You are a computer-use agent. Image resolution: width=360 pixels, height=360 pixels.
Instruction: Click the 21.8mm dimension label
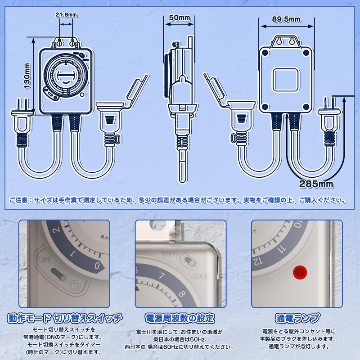(66, 15)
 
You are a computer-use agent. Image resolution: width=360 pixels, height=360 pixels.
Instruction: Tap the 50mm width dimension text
(179, 18)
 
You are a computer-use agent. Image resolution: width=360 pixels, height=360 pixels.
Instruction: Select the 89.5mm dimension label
(286, 19)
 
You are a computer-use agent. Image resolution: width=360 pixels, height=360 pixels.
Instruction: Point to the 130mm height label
(27, 76)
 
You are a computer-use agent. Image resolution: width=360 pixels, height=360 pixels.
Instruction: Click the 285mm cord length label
(316, 184)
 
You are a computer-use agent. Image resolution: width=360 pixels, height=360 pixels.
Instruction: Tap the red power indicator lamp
(300, 272)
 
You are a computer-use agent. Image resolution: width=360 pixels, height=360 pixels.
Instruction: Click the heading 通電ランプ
(297, 319)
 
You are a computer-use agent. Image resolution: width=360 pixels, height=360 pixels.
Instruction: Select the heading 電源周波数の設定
(180, 319)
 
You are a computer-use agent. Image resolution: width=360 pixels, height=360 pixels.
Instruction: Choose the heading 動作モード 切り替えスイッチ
(65, 319)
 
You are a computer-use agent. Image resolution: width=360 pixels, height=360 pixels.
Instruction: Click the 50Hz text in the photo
(171, 254)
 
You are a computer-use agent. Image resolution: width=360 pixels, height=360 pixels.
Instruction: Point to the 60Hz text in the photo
(200, 276)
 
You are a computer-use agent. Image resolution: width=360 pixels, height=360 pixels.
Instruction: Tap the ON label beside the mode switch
(44, 260)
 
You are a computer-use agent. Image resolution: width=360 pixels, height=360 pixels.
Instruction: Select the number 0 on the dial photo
(97, 266)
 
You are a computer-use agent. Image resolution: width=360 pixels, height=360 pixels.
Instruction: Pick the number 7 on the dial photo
(162, 275)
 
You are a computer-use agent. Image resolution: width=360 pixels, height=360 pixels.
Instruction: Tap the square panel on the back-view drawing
(286, 80)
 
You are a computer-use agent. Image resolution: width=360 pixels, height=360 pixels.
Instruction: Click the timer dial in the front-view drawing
(66, 76)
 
